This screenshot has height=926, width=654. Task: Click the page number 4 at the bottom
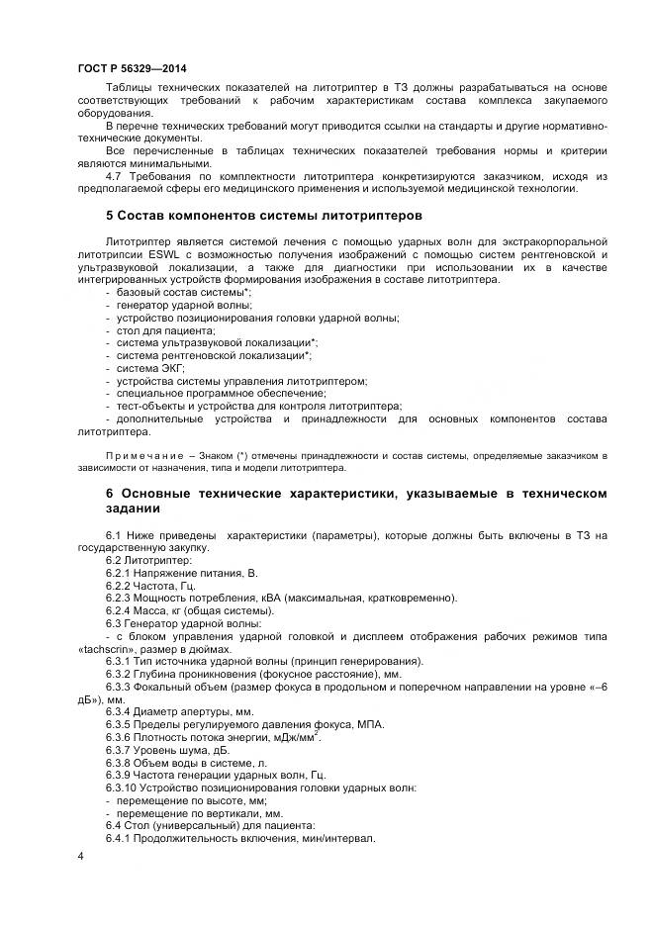(x=79, y=855)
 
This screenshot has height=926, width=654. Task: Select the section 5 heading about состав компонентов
(x=264, y=215)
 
